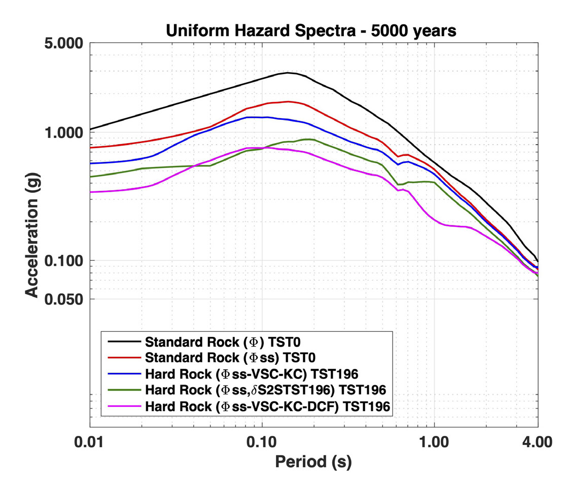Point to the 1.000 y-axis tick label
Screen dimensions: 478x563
[x=63, y=133]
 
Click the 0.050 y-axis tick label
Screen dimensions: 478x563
[x=63, y=299]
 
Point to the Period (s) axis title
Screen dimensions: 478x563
[x=313, y=461]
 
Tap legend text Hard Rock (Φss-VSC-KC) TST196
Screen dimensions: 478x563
[x=252, y=374]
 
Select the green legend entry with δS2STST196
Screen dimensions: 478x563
[x=265, y=390]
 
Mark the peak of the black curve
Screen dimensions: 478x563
[x=288, y=73]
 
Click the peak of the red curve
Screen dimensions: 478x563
[x=288, y=101]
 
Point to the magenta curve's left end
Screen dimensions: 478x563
[x=91, y=192]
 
